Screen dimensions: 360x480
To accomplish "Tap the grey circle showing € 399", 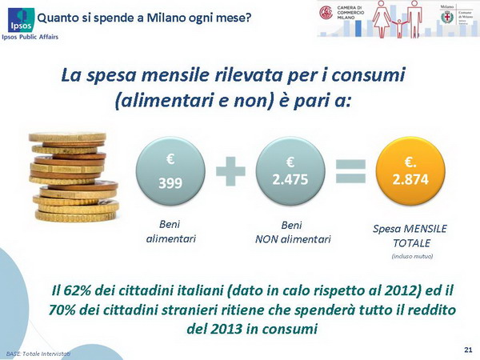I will pos(170,174).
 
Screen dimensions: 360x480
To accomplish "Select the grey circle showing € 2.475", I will pos(290,174).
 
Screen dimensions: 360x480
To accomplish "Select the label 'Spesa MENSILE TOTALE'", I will pos(411,235).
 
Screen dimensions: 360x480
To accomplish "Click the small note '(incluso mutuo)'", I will pos(412,256).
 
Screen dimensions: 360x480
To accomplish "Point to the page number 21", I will pos(467,350).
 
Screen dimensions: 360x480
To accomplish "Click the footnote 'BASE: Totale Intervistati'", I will pos(38,353).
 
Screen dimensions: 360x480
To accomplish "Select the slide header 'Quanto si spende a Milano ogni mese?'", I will pos(144,15).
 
